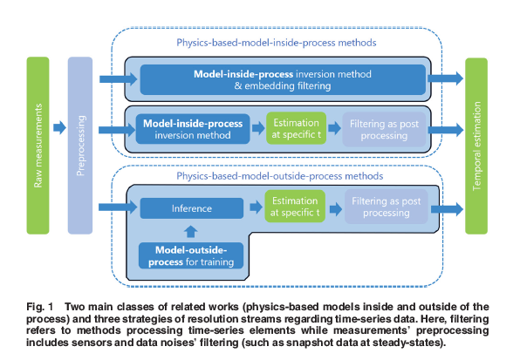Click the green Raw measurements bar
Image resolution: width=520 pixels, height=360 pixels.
coord(38,146)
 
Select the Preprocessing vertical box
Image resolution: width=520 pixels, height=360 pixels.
coord(80,146)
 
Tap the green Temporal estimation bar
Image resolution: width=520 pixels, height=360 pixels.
coord(476,146)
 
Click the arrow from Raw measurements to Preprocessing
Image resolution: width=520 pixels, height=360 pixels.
coord(59,127)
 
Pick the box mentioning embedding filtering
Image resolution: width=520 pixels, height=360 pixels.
coord(283,79)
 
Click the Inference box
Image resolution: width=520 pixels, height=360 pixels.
coord(192,208)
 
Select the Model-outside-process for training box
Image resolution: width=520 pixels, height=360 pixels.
coord(191,255)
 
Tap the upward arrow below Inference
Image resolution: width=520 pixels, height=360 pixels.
coord(190,231)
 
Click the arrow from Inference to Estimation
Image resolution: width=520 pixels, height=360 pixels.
coord(256,207)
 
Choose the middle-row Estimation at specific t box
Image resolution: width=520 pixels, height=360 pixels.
coord(296,128)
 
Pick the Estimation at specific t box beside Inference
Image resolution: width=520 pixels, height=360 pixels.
coord(295,207)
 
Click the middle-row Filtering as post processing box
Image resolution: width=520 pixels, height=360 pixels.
coord(384,129)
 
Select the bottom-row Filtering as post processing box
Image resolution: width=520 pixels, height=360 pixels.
coord(386,207)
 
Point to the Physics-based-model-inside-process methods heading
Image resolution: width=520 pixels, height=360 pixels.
coord(277,43)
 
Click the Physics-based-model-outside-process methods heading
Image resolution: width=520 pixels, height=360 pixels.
coord(279,176)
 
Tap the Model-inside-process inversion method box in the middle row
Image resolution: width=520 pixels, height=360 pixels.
coord(193,129)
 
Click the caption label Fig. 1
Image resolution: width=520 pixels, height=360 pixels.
coord(40,307)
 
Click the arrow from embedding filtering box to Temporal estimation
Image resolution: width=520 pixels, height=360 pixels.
coord(445,78)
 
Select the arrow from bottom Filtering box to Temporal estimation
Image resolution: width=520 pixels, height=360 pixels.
coord(447,209)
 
